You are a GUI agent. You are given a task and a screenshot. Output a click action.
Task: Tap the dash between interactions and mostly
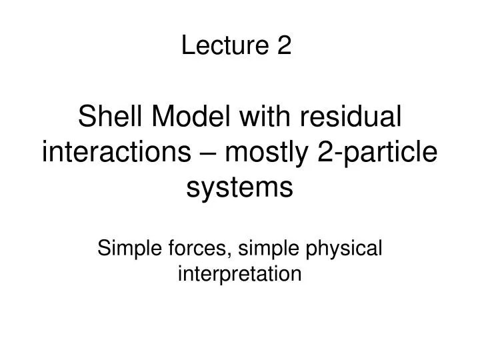tap(205, 155)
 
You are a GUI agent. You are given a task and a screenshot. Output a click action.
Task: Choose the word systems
tap(239, 189)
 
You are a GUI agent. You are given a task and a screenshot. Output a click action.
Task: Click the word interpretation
tap(240, 273)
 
